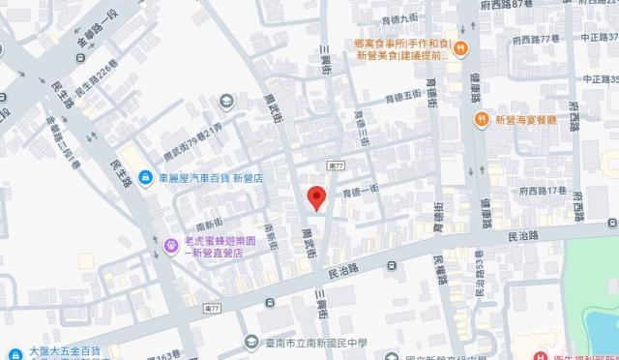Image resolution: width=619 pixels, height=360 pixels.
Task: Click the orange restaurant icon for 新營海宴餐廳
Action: [x=481, y=119]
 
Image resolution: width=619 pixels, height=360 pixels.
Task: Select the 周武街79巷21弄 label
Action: [x=193, y=126]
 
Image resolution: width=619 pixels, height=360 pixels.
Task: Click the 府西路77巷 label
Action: [x=539, y=38]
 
